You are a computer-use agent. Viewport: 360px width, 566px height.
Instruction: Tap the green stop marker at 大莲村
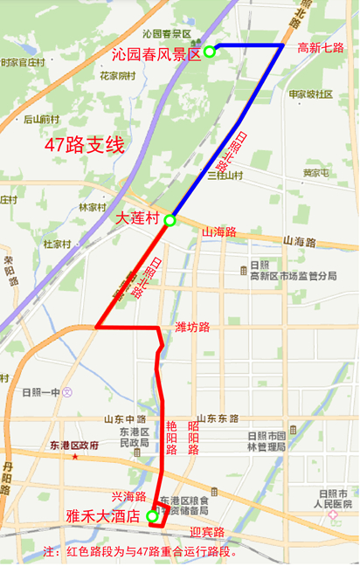(x=170, y=221)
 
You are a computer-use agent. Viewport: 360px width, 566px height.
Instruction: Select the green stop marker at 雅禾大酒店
(x=153, y=516)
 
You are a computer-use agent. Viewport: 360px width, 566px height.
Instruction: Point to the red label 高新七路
(x=321, y=48)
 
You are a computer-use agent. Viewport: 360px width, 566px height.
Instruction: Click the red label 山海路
(x=219, y=232)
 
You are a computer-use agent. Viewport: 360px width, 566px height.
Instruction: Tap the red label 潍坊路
(x=192, y=328)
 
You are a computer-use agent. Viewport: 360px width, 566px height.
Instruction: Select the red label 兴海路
(x=128, y=495)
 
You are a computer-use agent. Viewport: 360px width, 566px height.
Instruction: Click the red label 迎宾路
(x=207, y=532)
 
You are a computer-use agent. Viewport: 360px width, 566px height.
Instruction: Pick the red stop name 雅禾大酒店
(x=104, y=516)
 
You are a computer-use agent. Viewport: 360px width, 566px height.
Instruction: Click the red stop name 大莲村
(x=138, y=217)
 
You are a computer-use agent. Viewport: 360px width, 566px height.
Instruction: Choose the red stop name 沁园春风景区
(x=157, y=53)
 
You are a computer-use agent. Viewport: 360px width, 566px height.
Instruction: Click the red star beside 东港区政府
(x=75, y=457)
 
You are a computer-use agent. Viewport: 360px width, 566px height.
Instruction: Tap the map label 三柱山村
(x=224, y=176)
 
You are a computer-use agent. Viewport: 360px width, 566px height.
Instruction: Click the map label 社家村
(x=57, y=244)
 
